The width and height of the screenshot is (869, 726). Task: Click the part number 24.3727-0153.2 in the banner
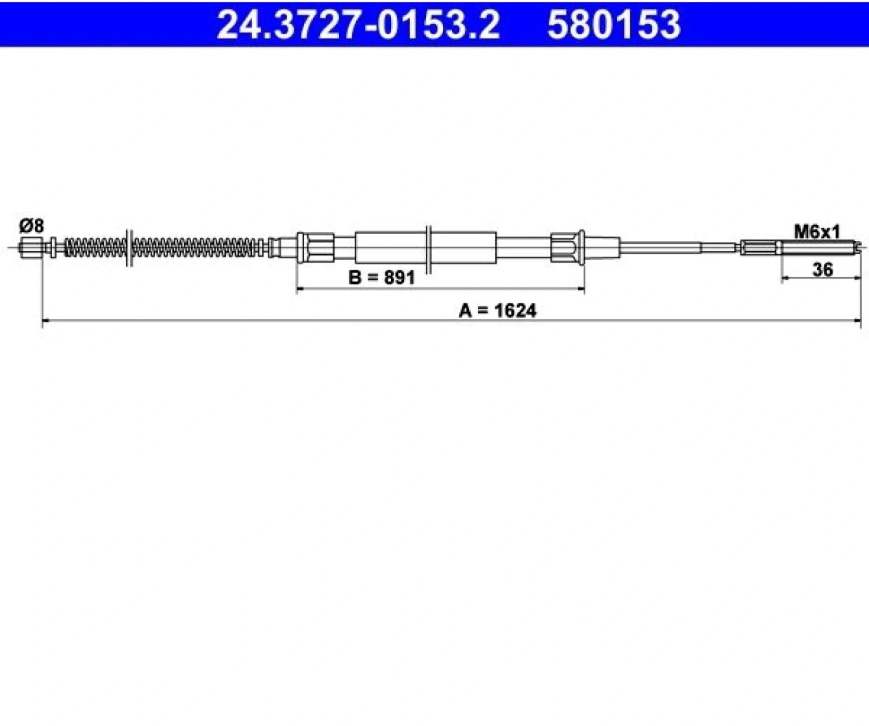[358, 24]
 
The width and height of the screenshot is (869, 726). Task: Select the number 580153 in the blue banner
[614, 24]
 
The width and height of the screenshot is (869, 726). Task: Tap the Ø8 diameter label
[31, 227]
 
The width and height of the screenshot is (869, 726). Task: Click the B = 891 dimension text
[382, 277]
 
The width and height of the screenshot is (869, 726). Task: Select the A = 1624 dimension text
[497, 310]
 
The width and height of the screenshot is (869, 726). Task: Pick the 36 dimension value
[823, 270]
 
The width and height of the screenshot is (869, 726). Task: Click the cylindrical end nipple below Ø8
[31, 248]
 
